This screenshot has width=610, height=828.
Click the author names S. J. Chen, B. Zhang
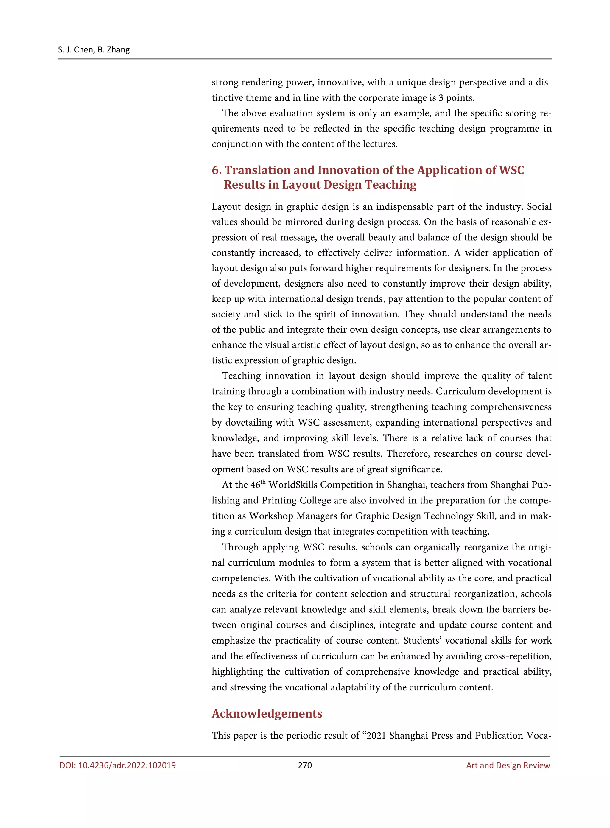click(94, 49)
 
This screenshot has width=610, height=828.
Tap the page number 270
click(305, 765)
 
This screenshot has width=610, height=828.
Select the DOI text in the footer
click(117, 765)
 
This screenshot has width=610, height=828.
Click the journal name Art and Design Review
click(508, 765)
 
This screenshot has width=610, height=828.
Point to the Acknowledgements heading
click(267, 713)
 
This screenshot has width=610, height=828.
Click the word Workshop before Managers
click(271, 516)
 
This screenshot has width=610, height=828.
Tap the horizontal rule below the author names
click(305, 59)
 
